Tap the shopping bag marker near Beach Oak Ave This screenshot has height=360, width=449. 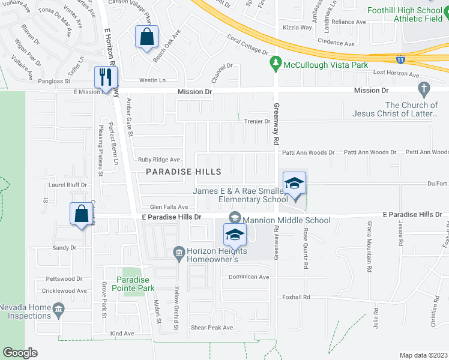146,37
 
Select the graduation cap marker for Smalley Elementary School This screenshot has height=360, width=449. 294,184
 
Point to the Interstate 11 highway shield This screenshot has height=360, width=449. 400,59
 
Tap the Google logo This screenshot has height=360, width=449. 20,353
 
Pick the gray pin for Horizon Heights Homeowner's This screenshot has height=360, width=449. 179,251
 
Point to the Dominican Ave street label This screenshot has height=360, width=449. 249,277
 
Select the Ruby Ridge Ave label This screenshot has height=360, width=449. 158,160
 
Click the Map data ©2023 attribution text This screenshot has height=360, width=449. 423,355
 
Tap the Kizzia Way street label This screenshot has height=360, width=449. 298,28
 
